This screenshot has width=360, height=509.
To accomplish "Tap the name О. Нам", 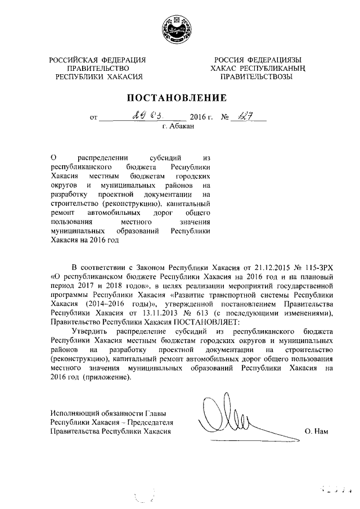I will pyautogui.click(x=316, y=431).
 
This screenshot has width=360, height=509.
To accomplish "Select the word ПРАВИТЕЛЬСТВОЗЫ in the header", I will pyautogui.click(x=256, y=76).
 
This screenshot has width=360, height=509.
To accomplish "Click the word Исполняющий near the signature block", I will pyautogui.click(x=72, y=413).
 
